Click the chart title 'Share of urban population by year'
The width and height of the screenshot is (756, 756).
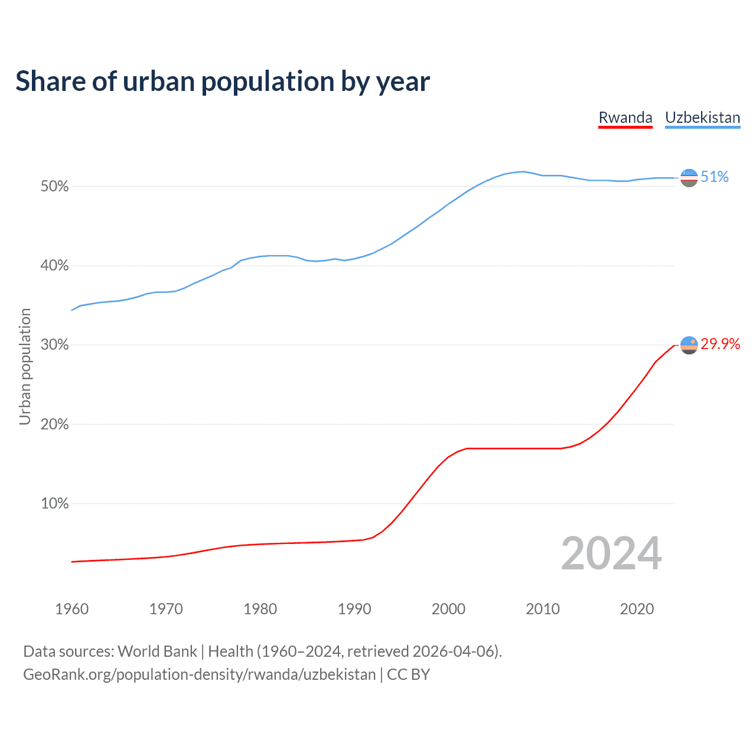223,82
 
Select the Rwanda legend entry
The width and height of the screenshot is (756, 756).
625,118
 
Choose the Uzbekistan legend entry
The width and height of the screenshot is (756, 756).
702,118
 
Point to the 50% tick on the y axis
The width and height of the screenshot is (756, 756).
54,187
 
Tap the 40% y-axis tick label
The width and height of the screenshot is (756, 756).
54,266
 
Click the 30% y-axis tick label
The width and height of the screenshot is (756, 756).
54,345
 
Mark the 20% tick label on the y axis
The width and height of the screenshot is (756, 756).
54,425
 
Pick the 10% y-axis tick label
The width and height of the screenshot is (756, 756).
54,504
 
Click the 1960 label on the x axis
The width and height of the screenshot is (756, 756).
71,609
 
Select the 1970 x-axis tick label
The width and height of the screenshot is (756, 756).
166,609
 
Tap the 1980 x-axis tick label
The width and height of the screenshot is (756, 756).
260,609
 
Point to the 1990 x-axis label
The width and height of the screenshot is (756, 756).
354,609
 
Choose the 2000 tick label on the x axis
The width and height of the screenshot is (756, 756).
448,609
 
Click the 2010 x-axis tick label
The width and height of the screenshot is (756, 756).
543,609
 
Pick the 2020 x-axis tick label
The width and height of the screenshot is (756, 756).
637,609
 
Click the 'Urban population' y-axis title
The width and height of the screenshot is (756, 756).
25,366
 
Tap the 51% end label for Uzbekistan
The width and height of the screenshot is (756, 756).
715,177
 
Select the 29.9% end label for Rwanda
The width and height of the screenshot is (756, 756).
721,344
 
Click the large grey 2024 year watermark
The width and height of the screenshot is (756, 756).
611,553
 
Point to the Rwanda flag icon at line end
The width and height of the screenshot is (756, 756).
689,345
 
